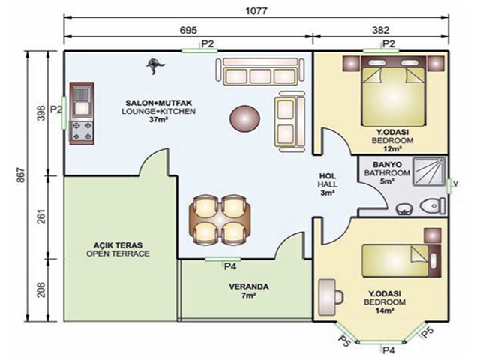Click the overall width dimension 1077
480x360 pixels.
pyautogui.click(x=256, y=11)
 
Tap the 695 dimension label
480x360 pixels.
pyautogui.click(x=188, y=30)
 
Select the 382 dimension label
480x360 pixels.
pyautogui.click(x=381, y=30)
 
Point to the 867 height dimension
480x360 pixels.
pyautogui.click(x=20, y=175)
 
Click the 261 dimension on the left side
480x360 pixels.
pyautogui.click(x=41, y=217)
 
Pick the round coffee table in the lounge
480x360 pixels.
pyautogui.click(x=244, y=118)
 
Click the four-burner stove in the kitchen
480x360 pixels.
pyautogui.click(x=82, y=132)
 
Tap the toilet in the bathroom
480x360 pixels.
pyautogui.click(x=433, y=205)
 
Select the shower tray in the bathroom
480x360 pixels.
pyautogui.click(x=429, y=172)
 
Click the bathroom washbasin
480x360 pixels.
pyautogui.click(x=404, y=209)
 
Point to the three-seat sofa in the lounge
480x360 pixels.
pyautogui.click(x=260, y=71)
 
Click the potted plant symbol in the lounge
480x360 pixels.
pyautogui.click(x=155, y=66)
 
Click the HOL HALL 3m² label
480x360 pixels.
pyautogui.click(x=328, y=184)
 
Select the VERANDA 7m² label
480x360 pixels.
pyautogui.click(x=248, y=291)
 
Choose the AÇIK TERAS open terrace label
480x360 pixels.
pyautogui.click(x=118, y=249)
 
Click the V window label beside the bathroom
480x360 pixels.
pyautogui.click(x=455, y=184)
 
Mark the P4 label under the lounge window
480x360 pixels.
pyautogui.click(x=230, y=267)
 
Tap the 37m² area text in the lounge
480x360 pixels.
pyautogui.click(x=158, y=120)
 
